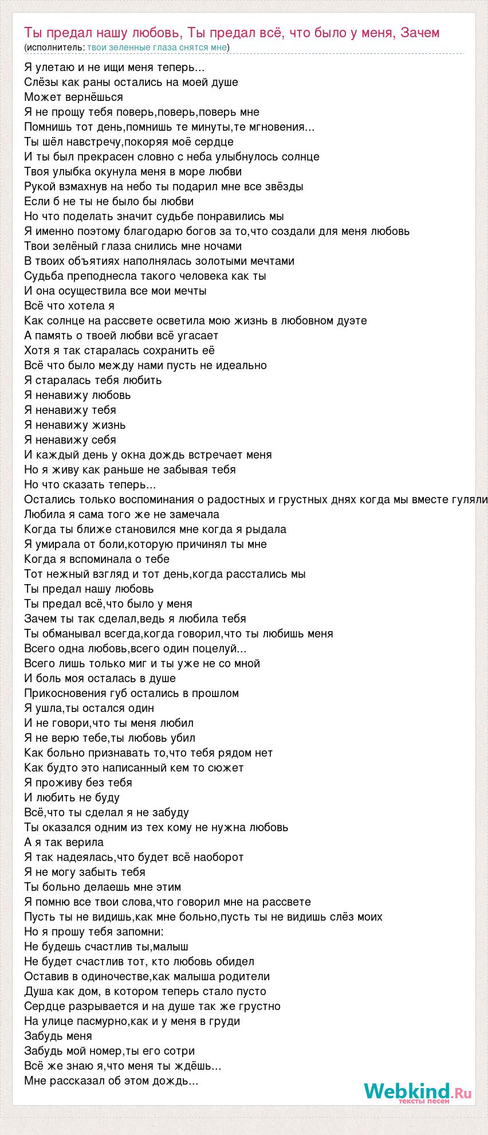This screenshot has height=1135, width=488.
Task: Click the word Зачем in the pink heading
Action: pyautogui.click(x=420, y=33)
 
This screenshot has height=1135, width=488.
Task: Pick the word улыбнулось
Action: pyautogui.click(x=254, y=156)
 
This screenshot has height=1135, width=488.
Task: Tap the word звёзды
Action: pyautogui.click(x=283, y=186)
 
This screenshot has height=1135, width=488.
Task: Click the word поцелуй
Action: pyautogui.click(x=215, y=648)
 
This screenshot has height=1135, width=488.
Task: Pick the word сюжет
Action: pyautogui.click(x=228, y=768)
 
